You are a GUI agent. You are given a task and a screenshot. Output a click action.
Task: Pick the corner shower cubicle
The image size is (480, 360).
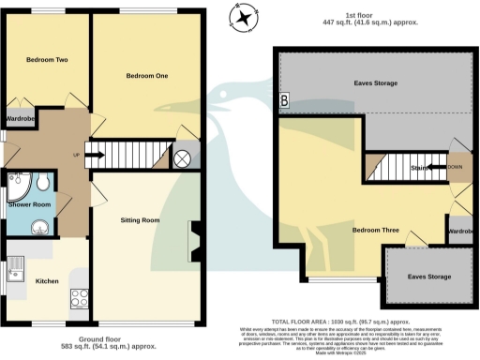[x=19, y=182]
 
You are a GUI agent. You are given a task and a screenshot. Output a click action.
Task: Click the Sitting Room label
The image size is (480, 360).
[x=141, y=220]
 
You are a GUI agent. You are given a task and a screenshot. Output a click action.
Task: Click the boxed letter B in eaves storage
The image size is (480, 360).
[x=285, y=98]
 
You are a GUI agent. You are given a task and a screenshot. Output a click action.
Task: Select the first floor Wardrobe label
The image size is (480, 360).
[x=459, y=231]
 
